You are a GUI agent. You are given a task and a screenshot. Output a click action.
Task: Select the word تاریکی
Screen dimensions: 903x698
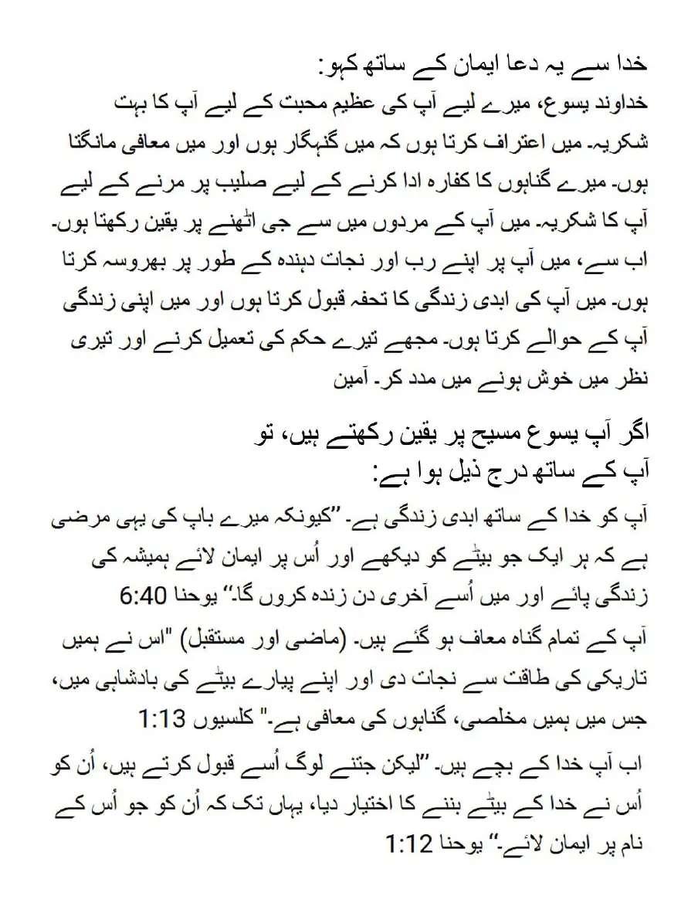pyautogui.click(x=616, y=681)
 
